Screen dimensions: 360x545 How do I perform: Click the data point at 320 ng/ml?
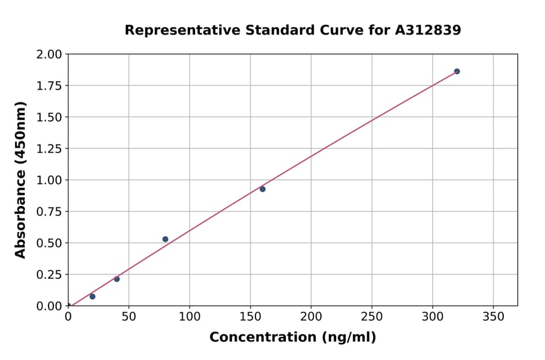457,72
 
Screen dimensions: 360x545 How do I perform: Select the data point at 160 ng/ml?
262,189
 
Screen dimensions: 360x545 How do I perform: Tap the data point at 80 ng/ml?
165,239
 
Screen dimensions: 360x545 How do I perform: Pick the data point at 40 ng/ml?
117,279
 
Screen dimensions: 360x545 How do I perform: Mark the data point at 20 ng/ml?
93,296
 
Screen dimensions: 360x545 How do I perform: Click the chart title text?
292,30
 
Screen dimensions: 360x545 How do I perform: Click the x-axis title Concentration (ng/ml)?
292,338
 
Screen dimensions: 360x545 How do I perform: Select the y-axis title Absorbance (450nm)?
21,180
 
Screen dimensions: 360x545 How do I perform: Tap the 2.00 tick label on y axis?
49,55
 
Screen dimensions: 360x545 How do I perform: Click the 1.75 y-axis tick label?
49,86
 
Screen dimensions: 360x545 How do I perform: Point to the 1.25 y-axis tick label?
49,149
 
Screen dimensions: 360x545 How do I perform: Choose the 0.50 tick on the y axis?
49,243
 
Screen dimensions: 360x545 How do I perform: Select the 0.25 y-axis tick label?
49,275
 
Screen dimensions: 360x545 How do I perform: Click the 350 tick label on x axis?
493,317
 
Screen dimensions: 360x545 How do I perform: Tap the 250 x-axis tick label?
372,317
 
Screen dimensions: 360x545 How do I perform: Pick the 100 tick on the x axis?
190,317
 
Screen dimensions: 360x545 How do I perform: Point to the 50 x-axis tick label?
129,317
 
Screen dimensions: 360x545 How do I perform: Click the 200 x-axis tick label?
311,317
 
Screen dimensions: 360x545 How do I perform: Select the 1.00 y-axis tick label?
49,181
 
